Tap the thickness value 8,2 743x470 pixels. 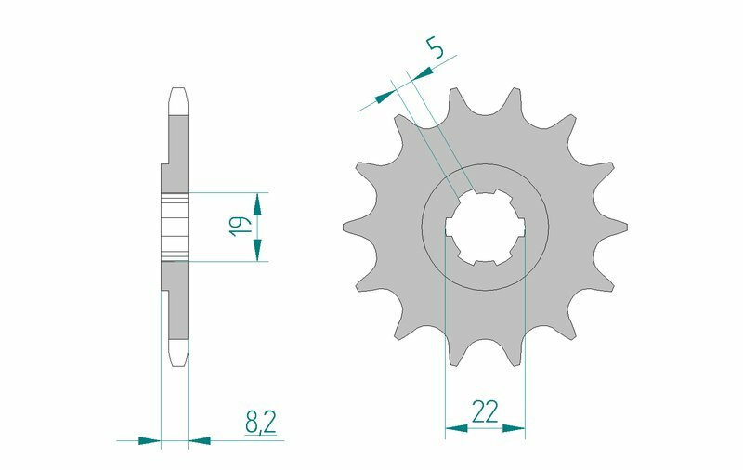pos(260,424)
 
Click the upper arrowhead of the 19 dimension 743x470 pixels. pos(259,203)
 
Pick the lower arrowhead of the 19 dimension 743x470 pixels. pos(259,249)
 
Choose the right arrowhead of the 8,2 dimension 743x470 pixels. pos(199,438)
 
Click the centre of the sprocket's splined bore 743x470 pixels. pos(485,227)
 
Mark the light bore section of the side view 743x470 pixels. pos(174,227)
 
